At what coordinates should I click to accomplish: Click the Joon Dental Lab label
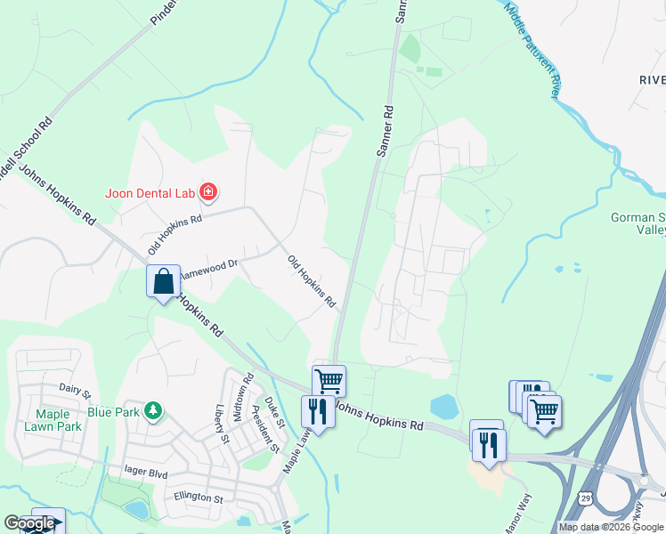[150, 191]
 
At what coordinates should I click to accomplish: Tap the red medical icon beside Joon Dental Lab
[208, 191]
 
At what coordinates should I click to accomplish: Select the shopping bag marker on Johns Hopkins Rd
[163, 283]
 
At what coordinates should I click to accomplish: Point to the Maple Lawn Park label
[59, 420]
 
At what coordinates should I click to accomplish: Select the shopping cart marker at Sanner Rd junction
[329, 380]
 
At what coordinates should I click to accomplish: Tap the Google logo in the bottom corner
[29, 523]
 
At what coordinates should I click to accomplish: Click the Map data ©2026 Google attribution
[612, 527]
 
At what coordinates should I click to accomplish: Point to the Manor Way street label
[516, 514]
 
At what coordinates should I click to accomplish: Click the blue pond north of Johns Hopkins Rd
[443, 407]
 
